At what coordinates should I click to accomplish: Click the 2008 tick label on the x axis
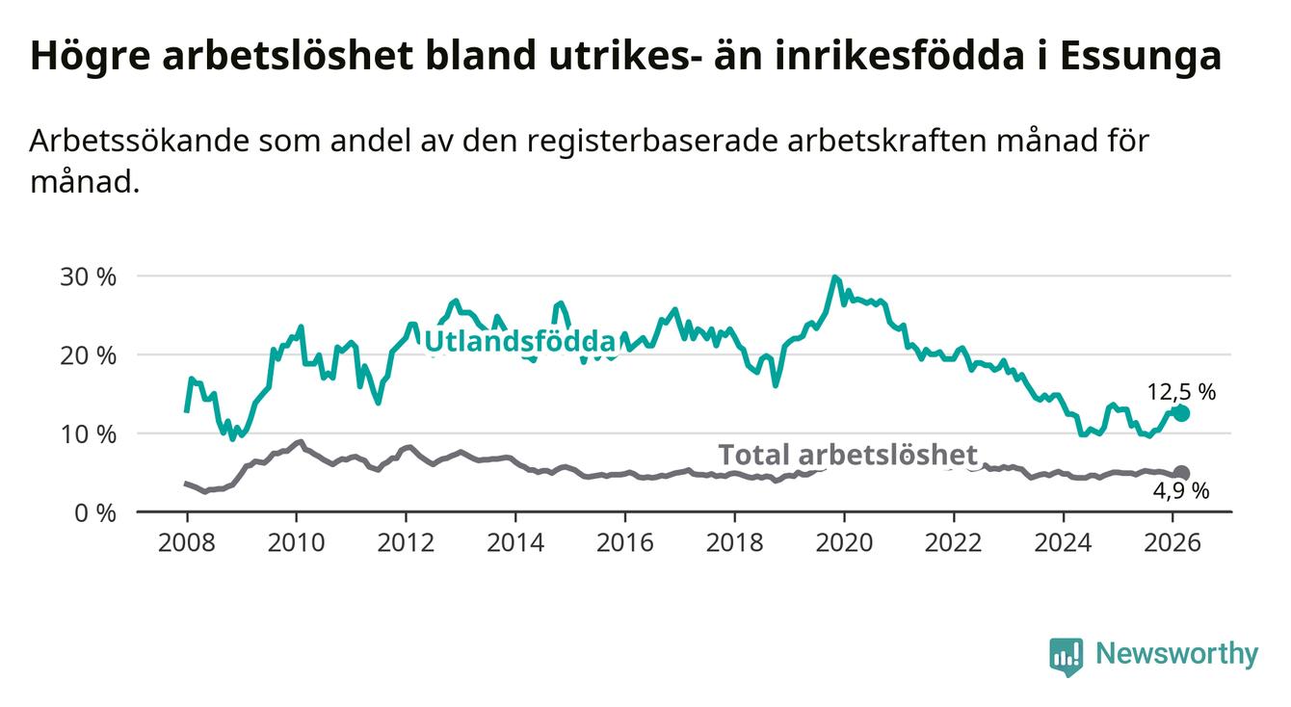tap(186, 541)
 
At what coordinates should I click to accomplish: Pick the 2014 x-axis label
tap(514, 541)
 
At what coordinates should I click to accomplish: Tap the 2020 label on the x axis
tap(843, 541)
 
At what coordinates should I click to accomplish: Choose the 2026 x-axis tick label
tap(1172, 541)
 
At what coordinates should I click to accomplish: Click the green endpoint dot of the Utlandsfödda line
tap(1181, 413)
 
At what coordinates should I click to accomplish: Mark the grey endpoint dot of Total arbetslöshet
tap(1181, 473)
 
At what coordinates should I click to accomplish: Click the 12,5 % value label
tap(1181, 391)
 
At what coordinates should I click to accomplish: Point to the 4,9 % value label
tap(1180, 491)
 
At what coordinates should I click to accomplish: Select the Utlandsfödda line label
tap(519, 341)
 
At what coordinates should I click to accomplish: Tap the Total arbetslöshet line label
tap(848, 455)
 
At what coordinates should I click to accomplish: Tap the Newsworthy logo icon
tap(1066, 656)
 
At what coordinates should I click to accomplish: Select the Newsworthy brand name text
tap(1176, 654)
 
